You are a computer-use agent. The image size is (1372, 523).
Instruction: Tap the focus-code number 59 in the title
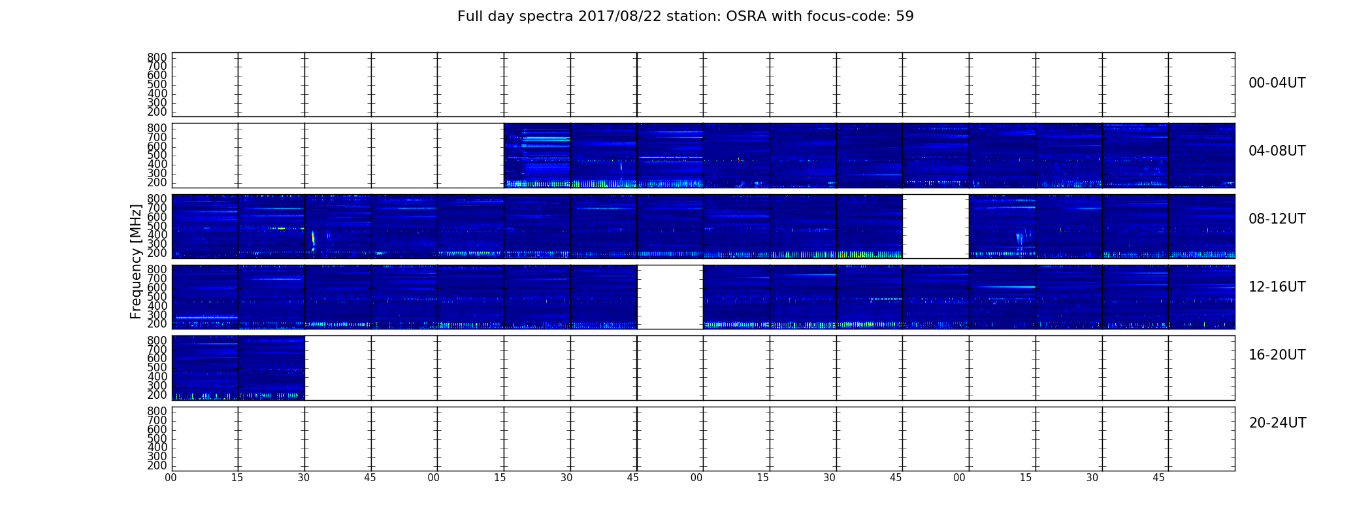click(x=906, y=16)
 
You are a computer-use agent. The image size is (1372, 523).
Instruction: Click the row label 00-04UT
click(x=1277, y=83)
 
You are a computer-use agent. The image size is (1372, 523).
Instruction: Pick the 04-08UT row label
click(x=1277, y=151)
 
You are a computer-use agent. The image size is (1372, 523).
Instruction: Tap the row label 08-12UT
click(x=1277, y=219)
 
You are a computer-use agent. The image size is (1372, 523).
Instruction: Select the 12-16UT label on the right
click(x=1277, y=287)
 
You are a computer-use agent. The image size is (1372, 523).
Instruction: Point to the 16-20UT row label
click(x=1277, y=355)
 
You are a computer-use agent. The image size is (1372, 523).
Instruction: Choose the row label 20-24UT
click(x=1277, y=423)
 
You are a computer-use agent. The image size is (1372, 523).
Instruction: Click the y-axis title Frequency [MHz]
click(x=136, y=261)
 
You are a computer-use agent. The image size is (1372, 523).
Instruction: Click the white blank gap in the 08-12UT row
click(x=936, y=226)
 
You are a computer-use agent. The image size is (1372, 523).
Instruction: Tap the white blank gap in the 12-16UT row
click(x=670, y=297)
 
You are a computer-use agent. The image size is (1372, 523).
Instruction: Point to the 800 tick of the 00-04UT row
click(x=157, y=58)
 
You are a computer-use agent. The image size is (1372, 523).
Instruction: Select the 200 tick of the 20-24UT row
click(x=157, y=465)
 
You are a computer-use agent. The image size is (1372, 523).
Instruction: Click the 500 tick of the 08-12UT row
click(x=157, y=226)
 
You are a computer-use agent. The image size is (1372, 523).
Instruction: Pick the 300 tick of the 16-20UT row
click(x=157, y=386)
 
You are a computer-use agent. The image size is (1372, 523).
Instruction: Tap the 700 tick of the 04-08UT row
click(x=157, y=137)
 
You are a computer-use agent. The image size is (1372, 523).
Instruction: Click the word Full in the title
click(x=468, y=16)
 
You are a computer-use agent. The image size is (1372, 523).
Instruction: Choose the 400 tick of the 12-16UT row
click(x=157, y=306)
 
